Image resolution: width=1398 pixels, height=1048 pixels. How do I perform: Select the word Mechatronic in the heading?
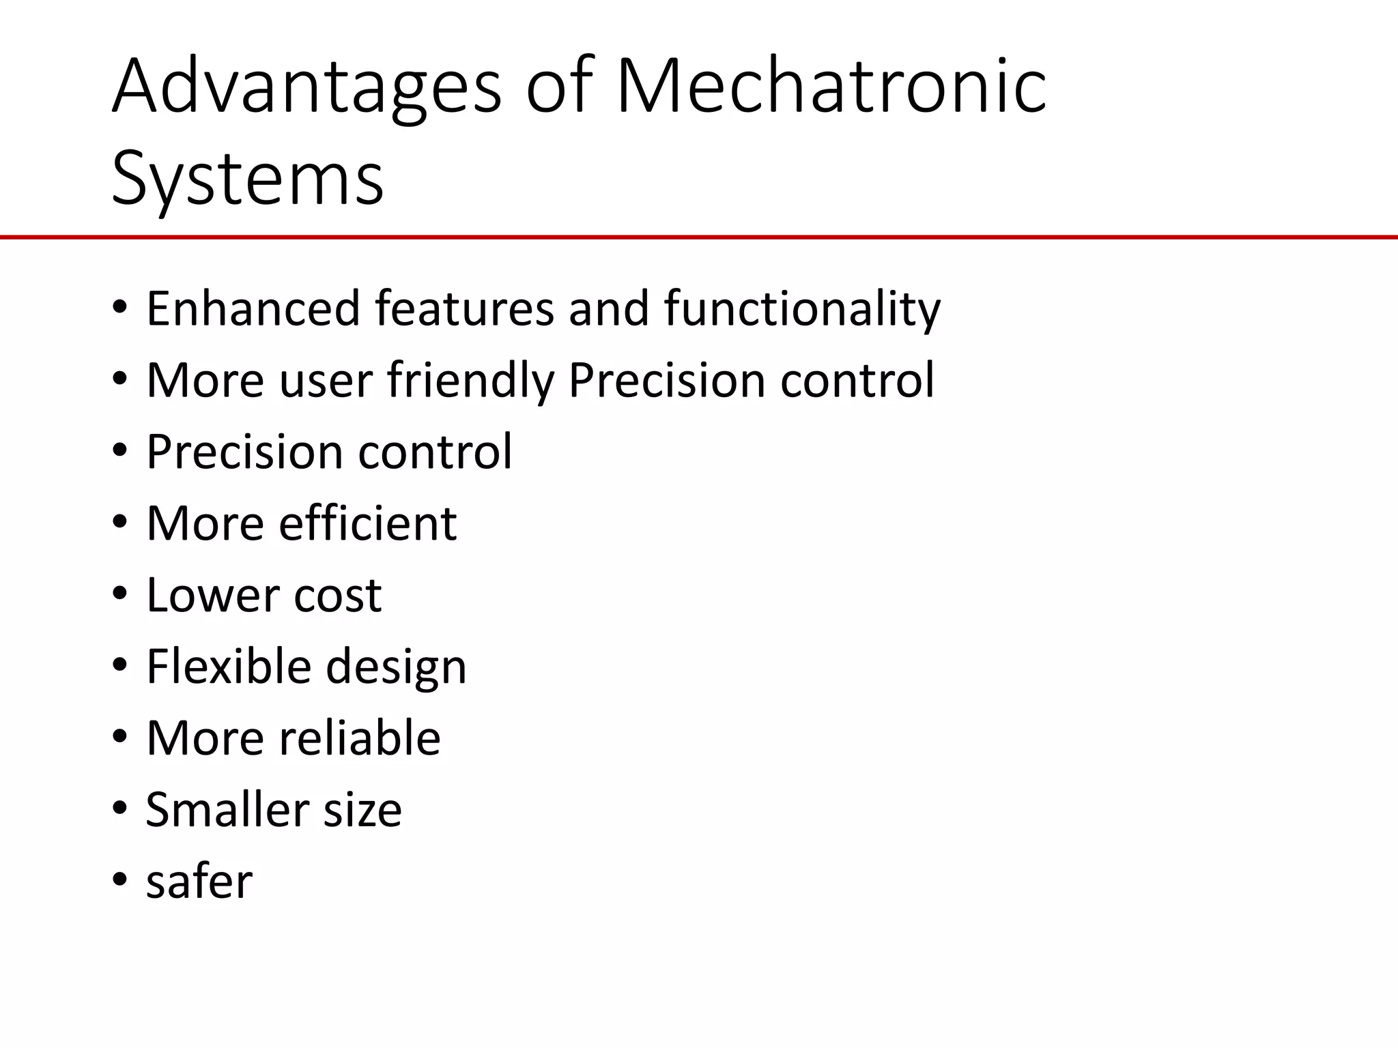(x=831, y=87)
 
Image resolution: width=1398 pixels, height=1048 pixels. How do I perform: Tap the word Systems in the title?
(x=248, y=179)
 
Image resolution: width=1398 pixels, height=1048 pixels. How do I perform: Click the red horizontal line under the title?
(x=699, y=237)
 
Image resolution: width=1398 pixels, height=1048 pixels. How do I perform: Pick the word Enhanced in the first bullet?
(x=253, y=308)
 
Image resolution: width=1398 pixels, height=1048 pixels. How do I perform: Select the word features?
(x=464, y=308)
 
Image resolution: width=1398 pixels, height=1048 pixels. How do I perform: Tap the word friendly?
(x=470, y=380)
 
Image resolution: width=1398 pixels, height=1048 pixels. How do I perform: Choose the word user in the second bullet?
(x=326, y=380)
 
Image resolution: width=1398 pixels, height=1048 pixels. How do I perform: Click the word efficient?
(x=368, y=523)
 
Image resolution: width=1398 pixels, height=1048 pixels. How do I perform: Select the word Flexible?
(x=229, y=666)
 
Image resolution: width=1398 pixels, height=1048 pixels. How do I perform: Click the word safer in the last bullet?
(x=199, y=881)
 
